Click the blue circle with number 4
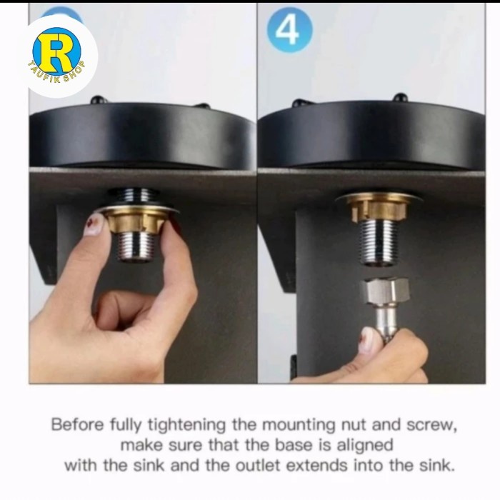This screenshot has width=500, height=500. (x=289, y=30)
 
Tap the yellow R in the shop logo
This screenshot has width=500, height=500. (x=56, y=51)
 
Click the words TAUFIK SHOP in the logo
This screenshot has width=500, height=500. (x=56, y=73)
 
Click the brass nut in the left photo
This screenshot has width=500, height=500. (x=136, y=220)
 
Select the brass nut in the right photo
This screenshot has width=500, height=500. (x=379, y=209)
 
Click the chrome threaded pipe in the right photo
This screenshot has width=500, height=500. (x=379, y=241)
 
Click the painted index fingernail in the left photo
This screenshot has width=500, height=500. (x=95, y=224)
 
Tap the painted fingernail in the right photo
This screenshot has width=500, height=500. (x=369, y=340)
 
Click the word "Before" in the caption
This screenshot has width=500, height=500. (x=78, y=425)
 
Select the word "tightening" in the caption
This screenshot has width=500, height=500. (x=186, y=426)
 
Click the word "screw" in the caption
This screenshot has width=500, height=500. (x=429, y=425)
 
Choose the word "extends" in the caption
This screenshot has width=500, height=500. (x=316, y=465)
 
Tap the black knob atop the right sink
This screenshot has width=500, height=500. (x=399, y=97)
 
